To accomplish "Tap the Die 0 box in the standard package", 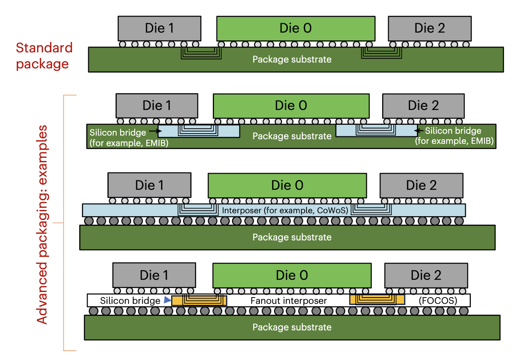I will click(x=296, y=28).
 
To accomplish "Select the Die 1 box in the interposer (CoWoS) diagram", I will click(x=149, y=185).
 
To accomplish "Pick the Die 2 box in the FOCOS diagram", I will click(x=426, y=275).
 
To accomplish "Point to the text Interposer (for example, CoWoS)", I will click(x=285, y=210).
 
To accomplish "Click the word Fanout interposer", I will click(x=288, y=301).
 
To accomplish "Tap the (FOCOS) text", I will click(x=438, y=301).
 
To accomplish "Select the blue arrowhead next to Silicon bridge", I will click(x=167, y=300).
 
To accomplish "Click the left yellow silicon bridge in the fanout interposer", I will click(x=199, y=301).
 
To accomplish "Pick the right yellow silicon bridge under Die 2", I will click(x=377, y=299).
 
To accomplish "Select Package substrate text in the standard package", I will click(x=292, y=60).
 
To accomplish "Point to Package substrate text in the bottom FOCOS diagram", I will click(x=292, y=327).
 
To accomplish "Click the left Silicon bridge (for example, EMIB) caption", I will click(x=128, y=138).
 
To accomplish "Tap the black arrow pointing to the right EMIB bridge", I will click(x=419, y=131).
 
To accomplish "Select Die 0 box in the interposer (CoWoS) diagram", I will click(x=287, y=185).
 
